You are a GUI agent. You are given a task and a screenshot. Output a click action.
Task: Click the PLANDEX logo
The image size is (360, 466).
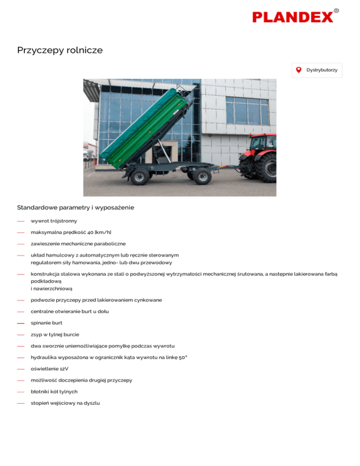click(293, 17)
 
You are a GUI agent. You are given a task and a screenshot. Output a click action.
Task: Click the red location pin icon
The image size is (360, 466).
click(299, 70)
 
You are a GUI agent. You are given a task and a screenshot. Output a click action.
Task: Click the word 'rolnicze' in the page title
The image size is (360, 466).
click(82, 50)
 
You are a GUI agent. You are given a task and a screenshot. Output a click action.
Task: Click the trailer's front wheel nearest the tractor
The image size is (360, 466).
click(202, 176)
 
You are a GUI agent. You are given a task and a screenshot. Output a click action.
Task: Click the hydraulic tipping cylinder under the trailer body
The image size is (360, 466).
click(162, 150)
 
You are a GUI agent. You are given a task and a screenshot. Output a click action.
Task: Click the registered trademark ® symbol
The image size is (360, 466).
click(337, 10)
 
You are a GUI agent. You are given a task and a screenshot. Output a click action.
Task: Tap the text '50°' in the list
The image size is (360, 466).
click(182, 357)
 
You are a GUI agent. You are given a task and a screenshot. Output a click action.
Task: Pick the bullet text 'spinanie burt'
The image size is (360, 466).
click(46, 323)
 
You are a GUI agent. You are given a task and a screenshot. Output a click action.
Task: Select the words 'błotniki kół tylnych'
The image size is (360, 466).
click(54, 391)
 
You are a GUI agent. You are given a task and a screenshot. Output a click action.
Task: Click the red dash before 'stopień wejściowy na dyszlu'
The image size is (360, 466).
click(20, 403)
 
